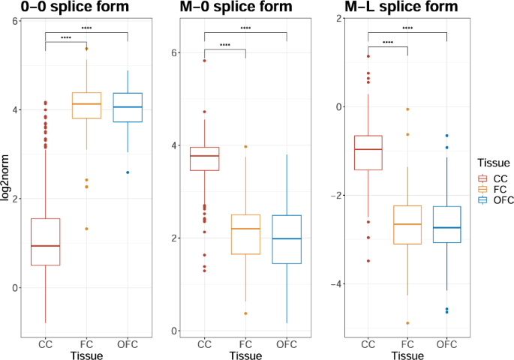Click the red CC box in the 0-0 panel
[x=46, y=241]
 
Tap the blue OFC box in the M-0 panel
[x=287, y=239]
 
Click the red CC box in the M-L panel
[x=368, y=152]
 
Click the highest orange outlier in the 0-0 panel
[x=86, y=49]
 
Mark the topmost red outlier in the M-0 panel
[x=205, y=61]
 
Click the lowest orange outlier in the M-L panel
[x=407, y=323]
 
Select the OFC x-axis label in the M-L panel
[x=446, y=344]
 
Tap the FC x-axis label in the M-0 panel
[x=245, y=344]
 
